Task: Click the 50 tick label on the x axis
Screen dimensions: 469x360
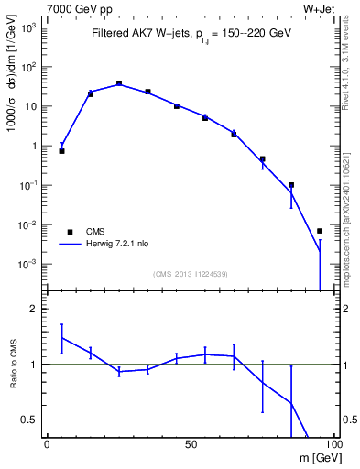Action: click(x=191, y=443)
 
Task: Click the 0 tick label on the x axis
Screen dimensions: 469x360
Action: click(x=47, y=443)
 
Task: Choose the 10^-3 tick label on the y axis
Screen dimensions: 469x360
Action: click(x=30, y=264)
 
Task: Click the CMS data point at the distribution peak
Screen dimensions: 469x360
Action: click(x=119, y=83)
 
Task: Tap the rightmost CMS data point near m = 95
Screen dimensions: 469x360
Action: click(x=320, y=231)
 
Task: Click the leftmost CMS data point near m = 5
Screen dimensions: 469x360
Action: click(x=61, y=150)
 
